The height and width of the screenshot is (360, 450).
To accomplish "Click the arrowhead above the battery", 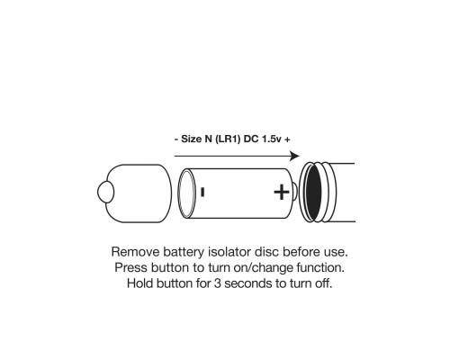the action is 294,156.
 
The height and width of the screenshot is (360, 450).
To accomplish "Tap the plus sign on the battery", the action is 282,193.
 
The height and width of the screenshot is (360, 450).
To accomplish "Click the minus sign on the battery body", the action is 202,192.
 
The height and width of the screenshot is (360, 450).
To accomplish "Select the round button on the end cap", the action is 105,192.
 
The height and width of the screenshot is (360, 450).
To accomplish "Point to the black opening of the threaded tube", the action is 313,193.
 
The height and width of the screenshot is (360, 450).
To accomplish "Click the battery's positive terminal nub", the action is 294,193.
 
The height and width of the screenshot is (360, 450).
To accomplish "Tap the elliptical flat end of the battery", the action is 184,193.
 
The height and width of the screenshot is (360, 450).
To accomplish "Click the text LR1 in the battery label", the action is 228,139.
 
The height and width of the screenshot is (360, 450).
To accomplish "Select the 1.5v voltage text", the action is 272,139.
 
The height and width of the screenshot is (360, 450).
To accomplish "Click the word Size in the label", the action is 191,139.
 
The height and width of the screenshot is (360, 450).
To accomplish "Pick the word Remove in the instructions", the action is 135,252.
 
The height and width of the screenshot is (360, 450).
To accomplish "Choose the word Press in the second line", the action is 130,267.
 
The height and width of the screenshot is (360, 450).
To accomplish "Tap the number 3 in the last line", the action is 217,283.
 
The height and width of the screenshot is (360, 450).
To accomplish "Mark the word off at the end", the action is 322,283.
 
